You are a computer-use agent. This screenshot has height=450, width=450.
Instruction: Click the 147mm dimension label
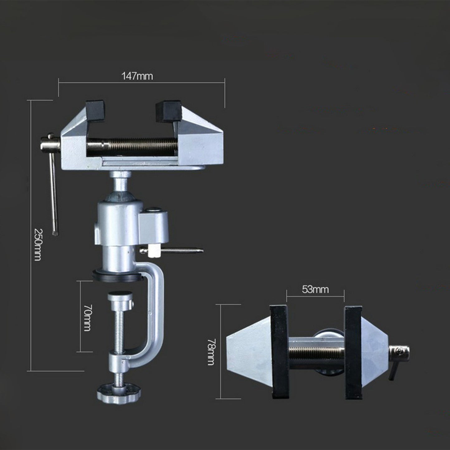pyautogui.click(x=137, y=76)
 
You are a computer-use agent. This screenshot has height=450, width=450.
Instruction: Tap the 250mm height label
pyautogui.click(x=38, y=245)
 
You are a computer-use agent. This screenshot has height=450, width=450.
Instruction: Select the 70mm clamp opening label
pyautogui.click(x=87, y=318)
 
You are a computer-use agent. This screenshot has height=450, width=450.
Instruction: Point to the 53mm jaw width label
pyautogui.click(x=315, y=290)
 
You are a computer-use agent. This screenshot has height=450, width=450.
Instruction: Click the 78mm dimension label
pyautogui.click(x=211, y=352)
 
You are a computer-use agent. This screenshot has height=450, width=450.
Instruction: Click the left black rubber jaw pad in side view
pyautogui.click(x=95, y=111)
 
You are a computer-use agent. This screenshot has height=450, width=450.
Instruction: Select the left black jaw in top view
pyautogui.click(x=280, y=352)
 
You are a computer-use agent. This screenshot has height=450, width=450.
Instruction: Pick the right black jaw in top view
pyautogui.click(x=353, y=352)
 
